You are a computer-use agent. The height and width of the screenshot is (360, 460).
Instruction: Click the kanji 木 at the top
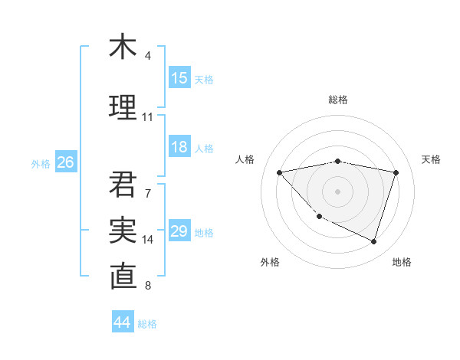(123, 47)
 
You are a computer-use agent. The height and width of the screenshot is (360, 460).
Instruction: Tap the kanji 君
(123, 184)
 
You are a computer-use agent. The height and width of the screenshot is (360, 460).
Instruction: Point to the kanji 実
(123, 230)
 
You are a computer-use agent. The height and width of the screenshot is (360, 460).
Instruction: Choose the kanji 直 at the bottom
(123, 277)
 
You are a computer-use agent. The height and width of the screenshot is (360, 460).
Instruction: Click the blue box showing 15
(179, 78)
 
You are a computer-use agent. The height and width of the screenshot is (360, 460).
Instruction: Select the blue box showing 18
(179, 148)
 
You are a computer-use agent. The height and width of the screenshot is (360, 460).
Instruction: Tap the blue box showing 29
(179, 232)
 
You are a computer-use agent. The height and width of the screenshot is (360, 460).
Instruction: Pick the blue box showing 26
(65, 162)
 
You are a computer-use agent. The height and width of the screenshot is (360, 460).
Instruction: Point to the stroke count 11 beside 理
(148, 117)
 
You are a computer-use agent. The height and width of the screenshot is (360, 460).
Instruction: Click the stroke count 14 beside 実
(148, 240)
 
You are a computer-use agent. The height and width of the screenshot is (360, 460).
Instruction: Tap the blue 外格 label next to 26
(41, 163)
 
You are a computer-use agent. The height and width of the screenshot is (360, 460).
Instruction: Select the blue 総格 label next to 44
(147, 324)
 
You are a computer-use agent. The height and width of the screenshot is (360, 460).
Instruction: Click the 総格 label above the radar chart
(338, 100)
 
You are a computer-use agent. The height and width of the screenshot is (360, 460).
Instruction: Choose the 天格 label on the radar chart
(432, 159)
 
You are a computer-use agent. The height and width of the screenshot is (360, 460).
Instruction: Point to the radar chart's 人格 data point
(279, 172)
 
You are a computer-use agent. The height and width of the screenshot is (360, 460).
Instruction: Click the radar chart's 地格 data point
(373, 241)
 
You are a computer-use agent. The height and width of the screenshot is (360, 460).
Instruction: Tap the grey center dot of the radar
(337, 191)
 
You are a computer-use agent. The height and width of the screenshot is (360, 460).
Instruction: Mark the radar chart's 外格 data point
(320, 216)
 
